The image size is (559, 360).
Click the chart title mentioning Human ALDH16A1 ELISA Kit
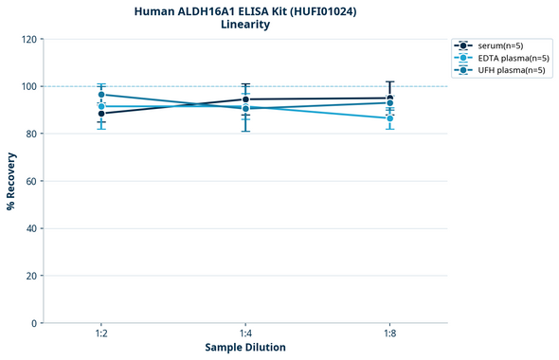click(244, 10)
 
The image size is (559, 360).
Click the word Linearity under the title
click(244, 25)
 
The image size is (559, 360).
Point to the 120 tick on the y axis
click(28, 39)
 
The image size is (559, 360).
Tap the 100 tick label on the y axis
click(28, 86)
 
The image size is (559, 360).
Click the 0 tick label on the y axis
click(34, 323)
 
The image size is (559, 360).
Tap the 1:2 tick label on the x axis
click(101, 334)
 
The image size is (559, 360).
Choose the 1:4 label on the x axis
click(245, 334)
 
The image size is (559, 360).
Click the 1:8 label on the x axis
click(389, 334)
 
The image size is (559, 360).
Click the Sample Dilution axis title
click(245, 348)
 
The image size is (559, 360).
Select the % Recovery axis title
click(11, 181)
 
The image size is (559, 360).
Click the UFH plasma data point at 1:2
click(101, 95)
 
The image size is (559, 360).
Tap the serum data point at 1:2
click(101, 114)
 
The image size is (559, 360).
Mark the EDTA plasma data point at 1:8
click(389, 118)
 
